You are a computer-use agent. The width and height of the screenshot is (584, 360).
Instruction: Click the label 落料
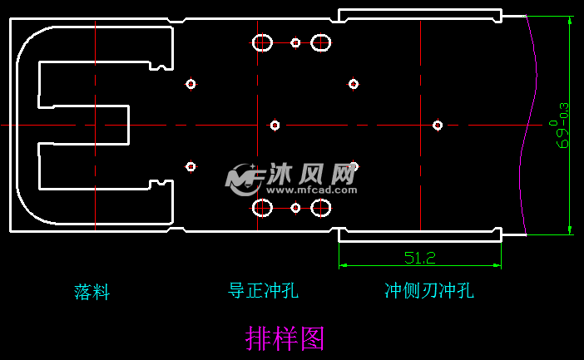(92, 292)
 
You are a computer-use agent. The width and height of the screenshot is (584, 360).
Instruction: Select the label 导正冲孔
(263, 290)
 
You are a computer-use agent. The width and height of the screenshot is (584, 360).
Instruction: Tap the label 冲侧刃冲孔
(428, 290)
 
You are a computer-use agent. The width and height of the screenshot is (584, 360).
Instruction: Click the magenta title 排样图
(285, 338)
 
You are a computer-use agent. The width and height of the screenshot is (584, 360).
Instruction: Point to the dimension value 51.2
(420, 258)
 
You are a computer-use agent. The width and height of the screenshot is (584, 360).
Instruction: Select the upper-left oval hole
(263, 42)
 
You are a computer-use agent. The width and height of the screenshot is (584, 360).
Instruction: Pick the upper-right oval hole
(321, 42)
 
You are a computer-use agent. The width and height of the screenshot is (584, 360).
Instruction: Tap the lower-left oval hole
(263, 207)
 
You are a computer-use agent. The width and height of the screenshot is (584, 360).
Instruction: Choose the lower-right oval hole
(321, 207)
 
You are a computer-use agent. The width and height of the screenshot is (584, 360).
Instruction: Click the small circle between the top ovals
(295, 42)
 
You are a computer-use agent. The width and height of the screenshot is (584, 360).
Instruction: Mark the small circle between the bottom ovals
(295, 207)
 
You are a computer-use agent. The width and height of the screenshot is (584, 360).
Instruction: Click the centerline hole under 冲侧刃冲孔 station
(438, 126)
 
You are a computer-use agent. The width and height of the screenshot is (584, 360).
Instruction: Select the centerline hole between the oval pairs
(275, 126)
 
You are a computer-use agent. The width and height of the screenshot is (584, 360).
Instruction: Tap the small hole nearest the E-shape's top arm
(191, 83)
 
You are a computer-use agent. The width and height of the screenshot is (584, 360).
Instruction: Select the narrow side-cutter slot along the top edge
(420, 15)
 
